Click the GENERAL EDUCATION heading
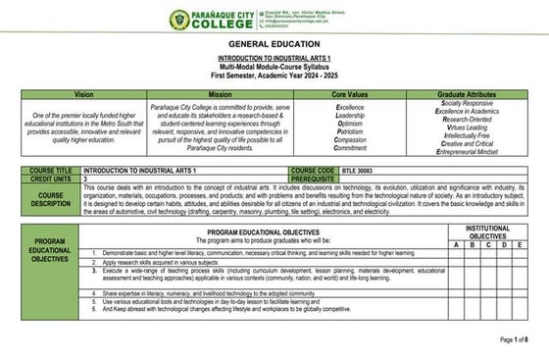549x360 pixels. pos(274,46)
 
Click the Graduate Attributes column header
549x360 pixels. pos(468,92)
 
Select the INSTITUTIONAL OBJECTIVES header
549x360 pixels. pos(487,232)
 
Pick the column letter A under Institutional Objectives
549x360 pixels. pos(455,245)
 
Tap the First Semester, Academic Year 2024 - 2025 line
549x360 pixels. pos(274,75)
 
